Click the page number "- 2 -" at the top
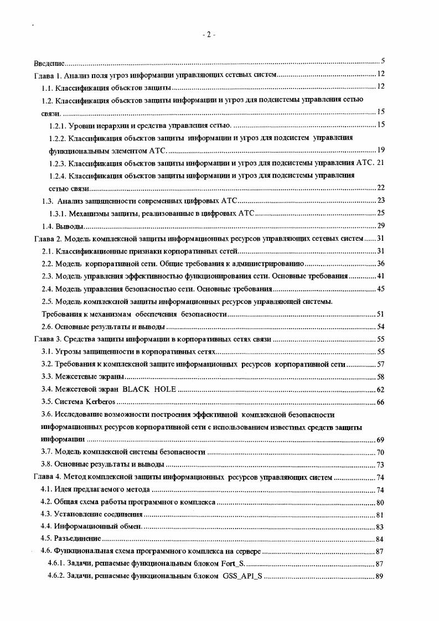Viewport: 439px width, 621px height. coord(209,34)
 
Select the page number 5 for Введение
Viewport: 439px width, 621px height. coord(383,61)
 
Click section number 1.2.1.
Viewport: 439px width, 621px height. coord(59,125)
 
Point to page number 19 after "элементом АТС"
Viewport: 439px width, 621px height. coord(381,150)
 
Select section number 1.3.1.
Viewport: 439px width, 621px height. coord(59,213)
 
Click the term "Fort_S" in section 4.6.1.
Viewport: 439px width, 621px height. coord(231,563)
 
